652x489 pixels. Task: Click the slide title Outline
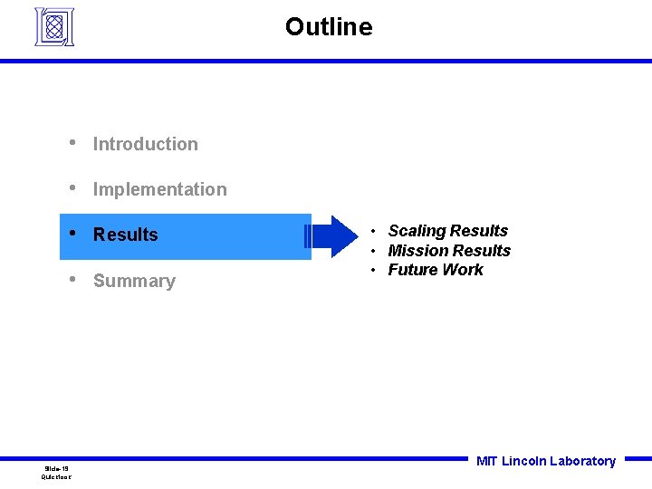pyautogui.click(x=328, y=27)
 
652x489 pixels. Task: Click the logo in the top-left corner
pyautogui.click(x=53, y=27)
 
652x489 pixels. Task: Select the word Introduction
pyautogui.click(x=145, y=144)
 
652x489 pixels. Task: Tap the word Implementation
pyautogui.click(x=159, y=189)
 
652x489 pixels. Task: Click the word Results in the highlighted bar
pyautogui.click(x=125, y=235)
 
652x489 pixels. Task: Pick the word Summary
pyautogui.click(x=134, y=281)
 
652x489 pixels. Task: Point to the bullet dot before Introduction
pyautogui.click(x=72, y=143)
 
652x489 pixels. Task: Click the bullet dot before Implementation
pyautogui.click(x=72, y=188)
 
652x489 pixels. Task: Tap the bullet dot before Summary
pyautogui.click(x=72, y=280)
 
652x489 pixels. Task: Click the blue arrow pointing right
pyautogui.click(x=333, y=236)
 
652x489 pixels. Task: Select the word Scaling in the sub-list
pyautogui.click(x=417, y=232)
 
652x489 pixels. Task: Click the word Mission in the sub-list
pyautogui.click(x=417, y=251)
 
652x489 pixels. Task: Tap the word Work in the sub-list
pyautogui.click(x=462, y=270)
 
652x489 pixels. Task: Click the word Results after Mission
pyautogui.click(x=482, y=251)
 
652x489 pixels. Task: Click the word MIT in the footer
pyautogui.click(x=486, y=461)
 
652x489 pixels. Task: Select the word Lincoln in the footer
pyautogui.click(x=523, y=461)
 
